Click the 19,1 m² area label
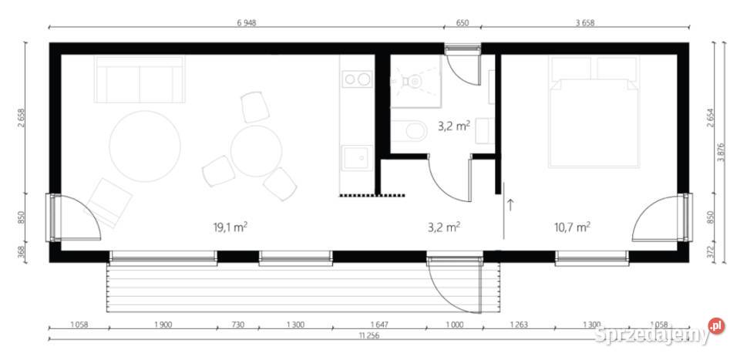(x=230, y=227)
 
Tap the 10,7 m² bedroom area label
(x=572, y=227)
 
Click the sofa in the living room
(x=139, y=79)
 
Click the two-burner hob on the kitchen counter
(x=355, y=79)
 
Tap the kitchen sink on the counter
(x=355, y=157)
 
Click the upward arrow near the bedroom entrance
(x=510, y=204)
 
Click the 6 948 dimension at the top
(x=246, y=23)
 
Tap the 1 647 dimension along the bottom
(x=378, y=325)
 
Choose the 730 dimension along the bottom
(x=237, y=325)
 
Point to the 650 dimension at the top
(x=462, y=23)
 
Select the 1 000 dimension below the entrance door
(x=455, y=325)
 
